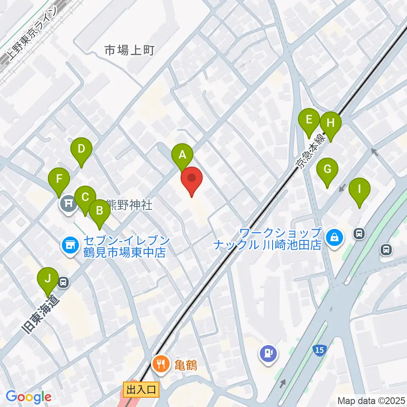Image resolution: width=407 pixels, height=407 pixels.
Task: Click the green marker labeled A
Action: [182, 155]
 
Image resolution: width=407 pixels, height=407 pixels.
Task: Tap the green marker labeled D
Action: [81, 150]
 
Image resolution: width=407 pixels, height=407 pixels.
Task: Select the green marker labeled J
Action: [48, 279]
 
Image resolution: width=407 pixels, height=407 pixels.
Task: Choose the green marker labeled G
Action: [327, 170]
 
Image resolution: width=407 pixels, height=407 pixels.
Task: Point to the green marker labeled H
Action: [331, 124]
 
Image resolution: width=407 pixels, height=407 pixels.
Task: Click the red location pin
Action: [192, 179]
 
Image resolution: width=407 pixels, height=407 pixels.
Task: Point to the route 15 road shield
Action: [320, 350]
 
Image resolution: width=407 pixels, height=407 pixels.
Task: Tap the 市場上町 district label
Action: [129, 51]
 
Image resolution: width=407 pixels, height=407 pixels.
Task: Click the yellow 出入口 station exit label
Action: [141, 389]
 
